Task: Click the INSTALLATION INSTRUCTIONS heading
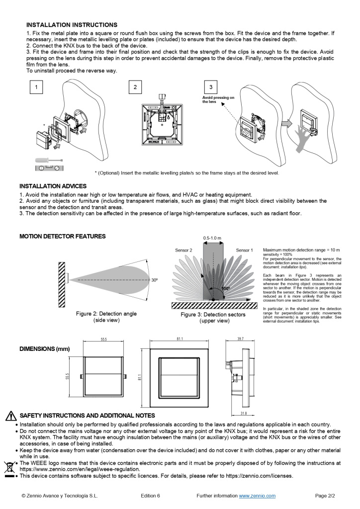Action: point(72,24)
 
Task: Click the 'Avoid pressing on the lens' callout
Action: point(218,99)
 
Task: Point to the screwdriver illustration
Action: point(48,160)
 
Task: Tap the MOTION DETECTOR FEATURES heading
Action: point(62,237)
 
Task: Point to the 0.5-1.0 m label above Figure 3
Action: point(213,238)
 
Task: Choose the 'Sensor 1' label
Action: point(244,250)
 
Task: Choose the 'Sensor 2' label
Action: point(183,250)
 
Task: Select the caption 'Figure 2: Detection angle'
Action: point(110,314)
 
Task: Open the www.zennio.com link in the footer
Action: point(257,496)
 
